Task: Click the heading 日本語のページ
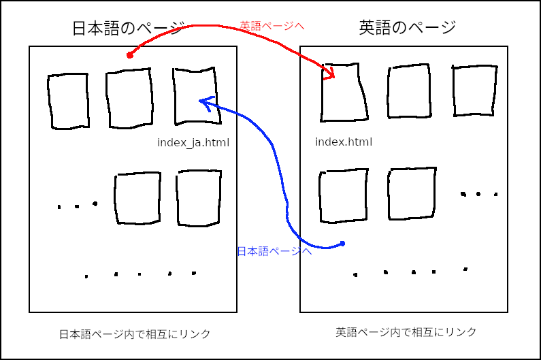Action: (128, 29)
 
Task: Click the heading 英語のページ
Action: (407, 28)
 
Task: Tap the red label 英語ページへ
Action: (272, 26)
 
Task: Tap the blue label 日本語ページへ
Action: (274, 251)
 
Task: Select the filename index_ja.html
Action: (193, 143)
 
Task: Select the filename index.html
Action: (344, 142)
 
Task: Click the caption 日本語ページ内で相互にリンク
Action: (135, 334)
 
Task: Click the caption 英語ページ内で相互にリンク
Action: (406, 332)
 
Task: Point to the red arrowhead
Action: (330, 74)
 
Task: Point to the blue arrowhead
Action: (203, 102)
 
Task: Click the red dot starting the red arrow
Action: (130, 54)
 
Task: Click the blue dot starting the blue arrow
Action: (343, 244)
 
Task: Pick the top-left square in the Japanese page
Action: (68, 101)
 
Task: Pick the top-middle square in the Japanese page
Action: (129, 99)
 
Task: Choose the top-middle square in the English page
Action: (409, 93)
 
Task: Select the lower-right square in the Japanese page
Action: (199, 198)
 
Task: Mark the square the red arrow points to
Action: (344, 93)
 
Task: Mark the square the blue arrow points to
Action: (196, 96)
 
